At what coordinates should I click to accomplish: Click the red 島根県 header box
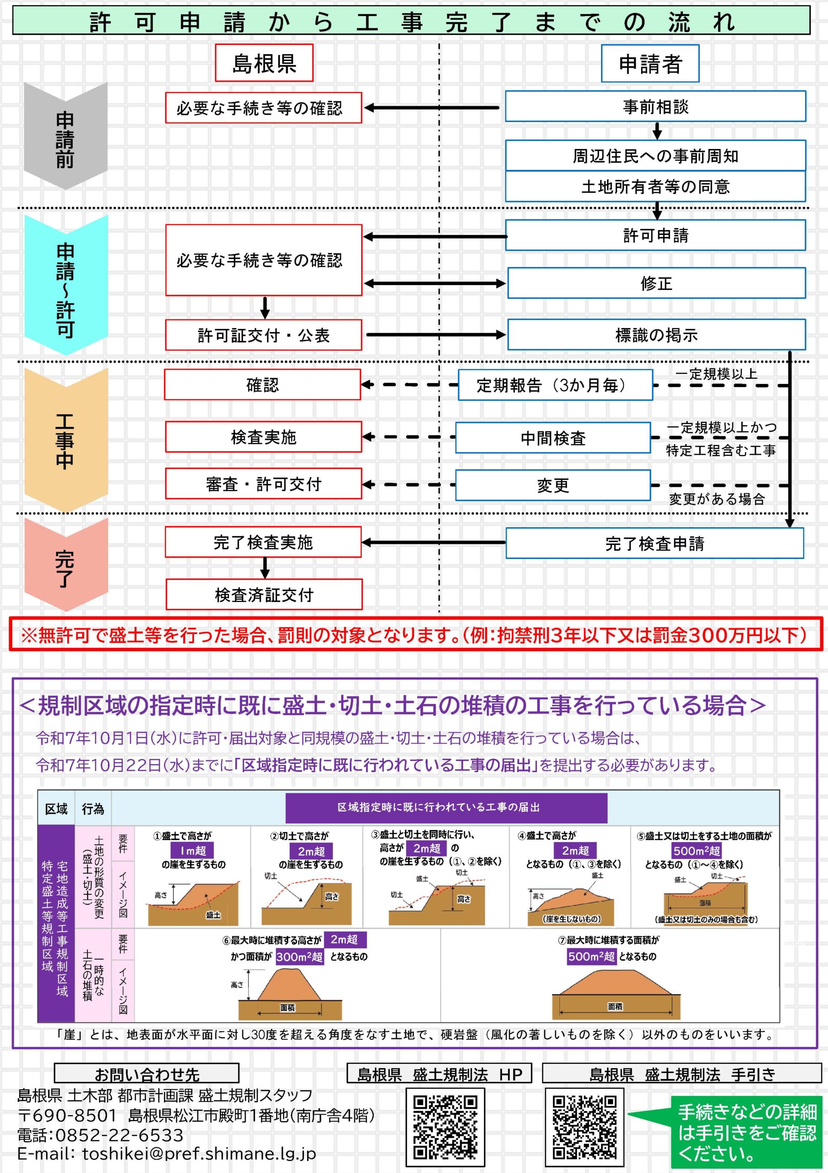264,63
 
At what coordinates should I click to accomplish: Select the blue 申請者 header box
649,63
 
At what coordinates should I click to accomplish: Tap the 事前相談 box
655,106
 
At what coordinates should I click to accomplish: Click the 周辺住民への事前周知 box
655,155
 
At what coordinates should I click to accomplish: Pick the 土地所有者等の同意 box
655,186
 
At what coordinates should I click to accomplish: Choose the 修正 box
656,283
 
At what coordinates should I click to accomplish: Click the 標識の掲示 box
656,334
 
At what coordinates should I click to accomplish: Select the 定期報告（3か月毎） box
555,385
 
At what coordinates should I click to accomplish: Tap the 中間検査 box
553,438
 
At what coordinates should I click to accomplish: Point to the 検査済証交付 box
264,594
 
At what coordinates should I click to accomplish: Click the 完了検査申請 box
655,543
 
